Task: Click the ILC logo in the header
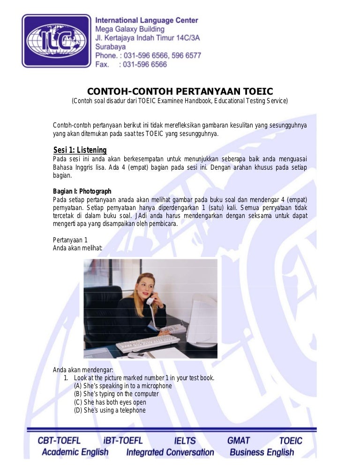click(x=56, y=41)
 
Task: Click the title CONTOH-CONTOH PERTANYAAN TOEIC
click(x=180, y=91)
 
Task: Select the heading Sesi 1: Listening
click(x=80, y=150)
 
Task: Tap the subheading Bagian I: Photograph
click(x=82, y=191)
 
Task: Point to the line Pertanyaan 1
click(x=70, y=240)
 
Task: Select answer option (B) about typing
click(x=116, y=394)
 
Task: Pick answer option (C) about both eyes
click(x=110, y=402)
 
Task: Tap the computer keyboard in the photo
click(x=141, y=344)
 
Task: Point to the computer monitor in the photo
click(x=202, y=319)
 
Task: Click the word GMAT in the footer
click(x=239, y=441)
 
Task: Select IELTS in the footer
click(x=185, y=441)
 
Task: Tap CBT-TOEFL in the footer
click(x=59, y=441)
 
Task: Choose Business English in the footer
click(x=262, y=452)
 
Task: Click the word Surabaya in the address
click(x=111, y=47)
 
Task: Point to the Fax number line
click(x=131, y=64)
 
